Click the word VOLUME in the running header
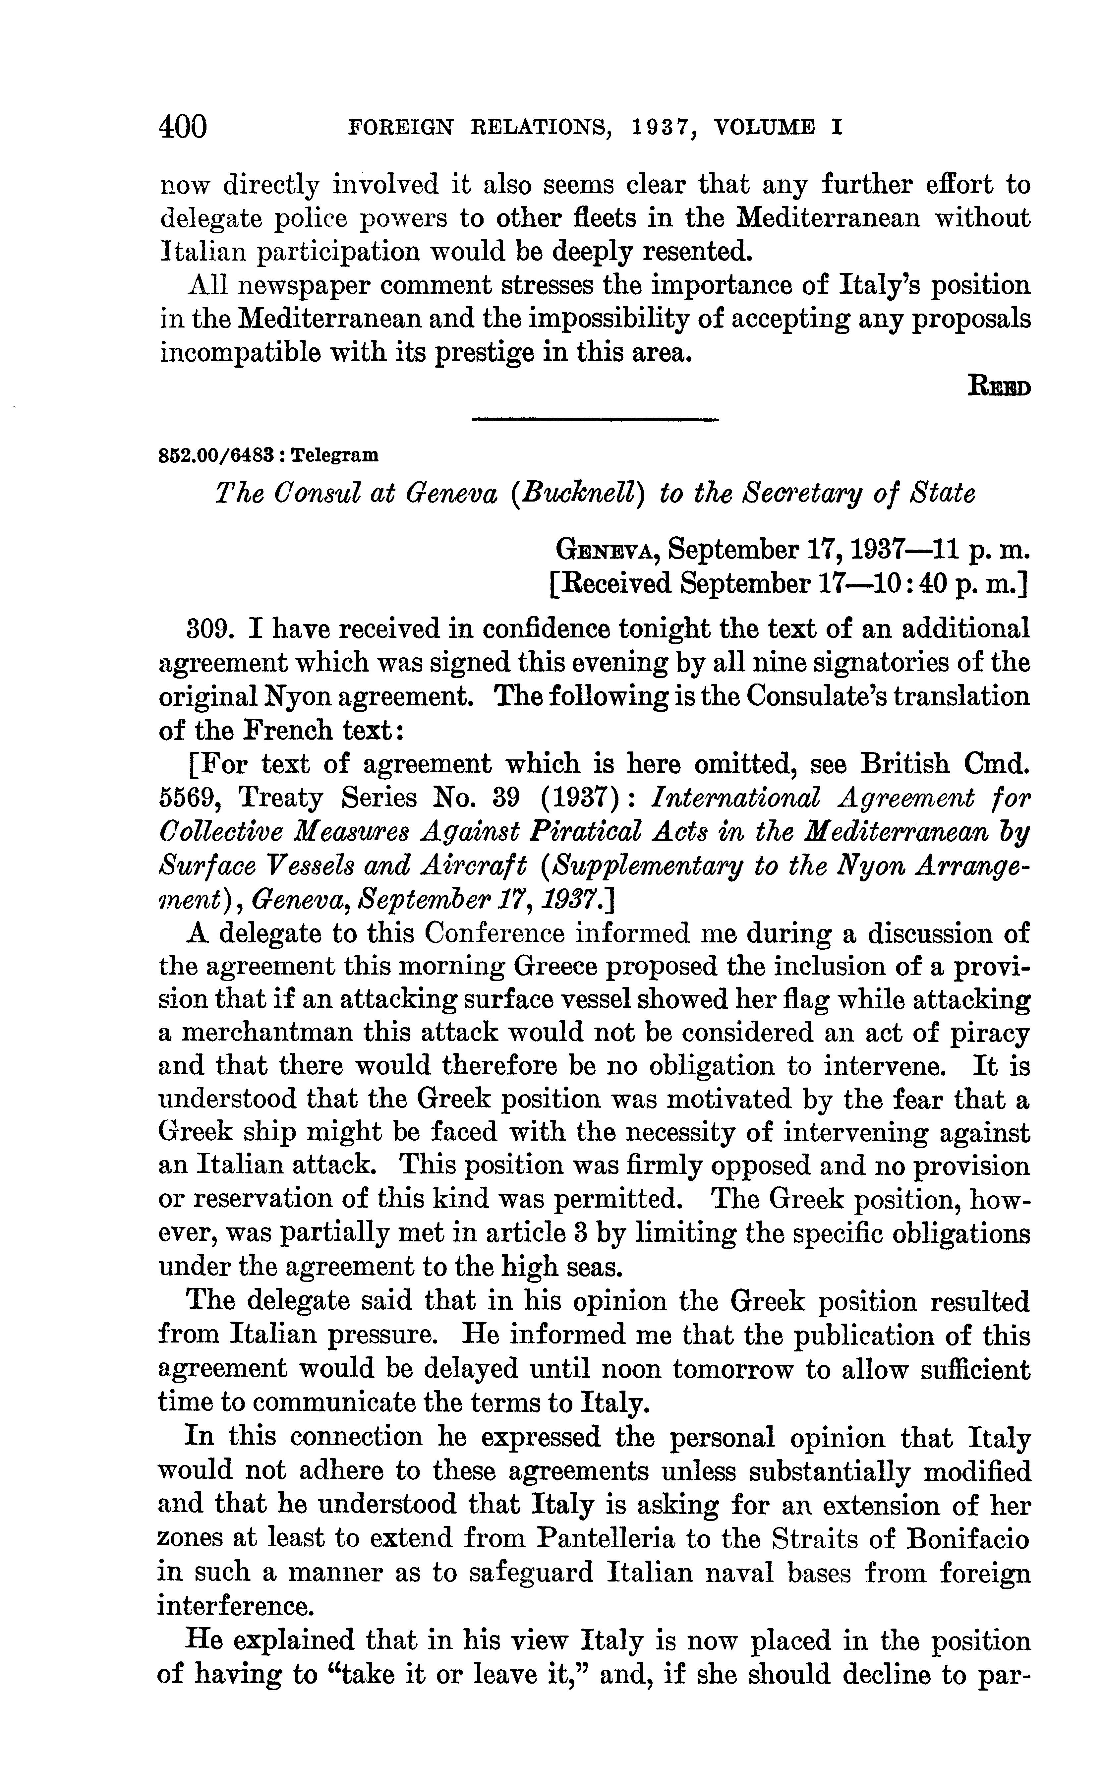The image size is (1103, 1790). [765, 128]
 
